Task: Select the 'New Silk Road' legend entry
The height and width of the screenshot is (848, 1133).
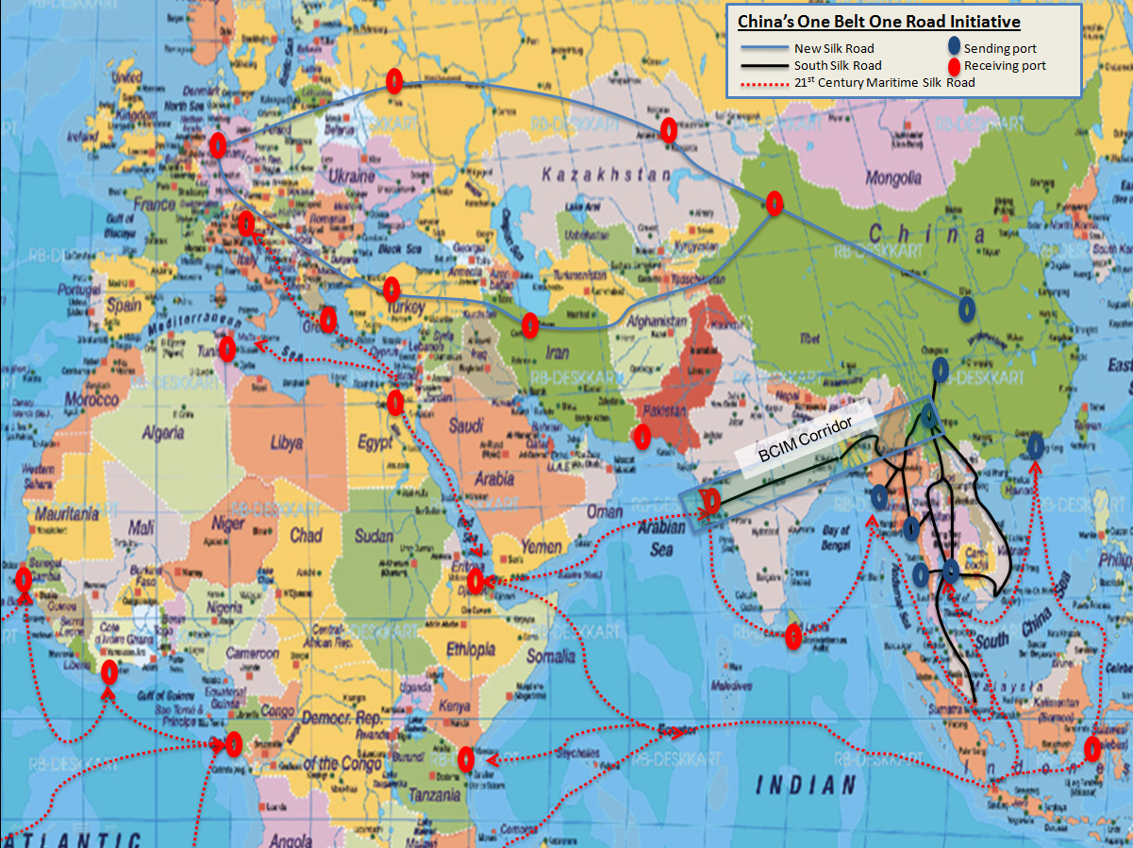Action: tap(834, 49)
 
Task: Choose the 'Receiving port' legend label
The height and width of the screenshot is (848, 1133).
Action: tap(1005, 65)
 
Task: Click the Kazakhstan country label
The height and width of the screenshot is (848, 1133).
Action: tap(606, 175)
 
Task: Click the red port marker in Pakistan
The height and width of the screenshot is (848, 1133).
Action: tap(641, 436)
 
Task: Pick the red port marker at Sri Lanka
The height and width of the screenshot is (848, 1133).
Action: tap(794, 637)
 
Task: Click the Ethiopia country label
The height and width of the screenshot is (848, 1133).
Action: tap(470, 649)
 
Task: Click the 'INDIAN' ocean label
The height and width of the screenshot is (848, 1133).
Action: tap(808, 784)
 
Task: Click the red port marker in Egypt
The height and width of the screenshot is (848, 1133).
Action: tap(395, 403)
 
